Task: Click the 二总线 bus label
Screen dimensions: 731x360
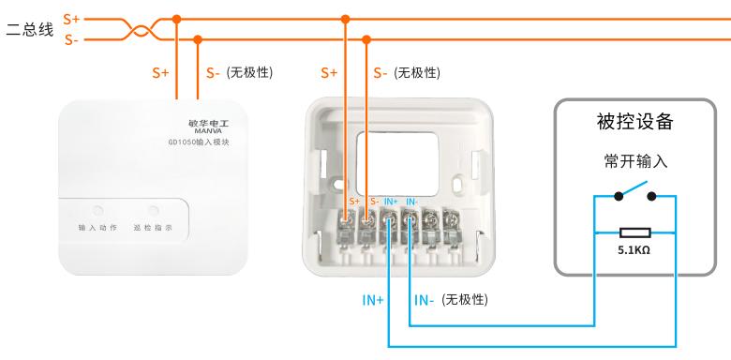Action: pos(30,30)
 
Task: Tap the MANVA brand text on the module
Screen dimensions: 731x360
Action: pos(208,131)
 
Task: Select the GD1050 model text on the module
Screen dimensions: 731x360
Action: pos(199,142)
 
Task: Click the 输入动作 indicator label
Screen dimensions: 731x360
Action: pos(97,228)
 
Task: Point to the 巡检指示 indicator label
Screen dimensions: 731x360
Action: pos(153,228)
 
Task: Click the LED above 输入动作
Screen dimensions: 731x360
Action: pos(97,211)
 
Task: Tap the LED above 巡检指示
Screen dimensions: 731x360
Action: pos(154,211)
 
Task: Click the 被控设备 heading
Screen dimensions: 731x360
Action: pos(635,122)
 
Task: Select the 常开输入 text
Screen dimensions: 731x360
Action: pos(635,161)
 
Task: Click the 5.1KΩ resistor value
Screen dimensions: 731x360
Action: pos(634,250)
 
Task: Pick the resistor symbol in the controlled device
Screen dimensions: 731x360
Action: pos(635,232)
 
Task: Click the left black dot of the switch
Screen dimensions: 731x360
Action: pos(619,196)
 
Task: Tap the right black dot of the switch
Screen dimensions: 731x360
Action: pos(651,196)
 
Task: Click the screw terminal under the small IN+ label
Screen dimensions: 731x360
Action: pos(388,218)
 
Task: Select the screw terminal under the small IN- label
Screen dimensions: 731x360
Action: pos(410,218)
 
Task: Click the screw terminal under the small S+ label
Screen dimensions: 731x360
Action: pos(346,218)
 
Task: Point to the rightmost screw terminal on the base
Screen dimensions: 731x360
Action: pos(451,218)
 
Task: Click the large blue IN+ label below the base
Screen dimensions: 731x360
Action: pos(373,300)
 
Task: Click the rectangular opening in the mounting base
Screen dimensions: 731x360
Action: pos(397,164)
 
